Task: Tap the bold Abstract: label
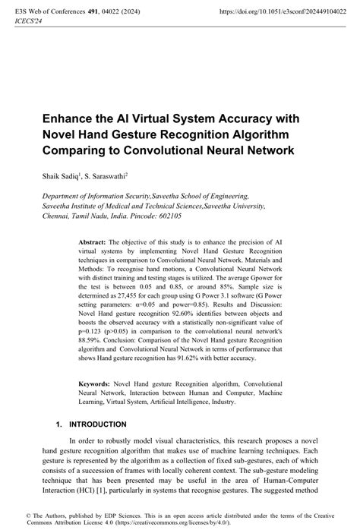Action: (x=95, y=240)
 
